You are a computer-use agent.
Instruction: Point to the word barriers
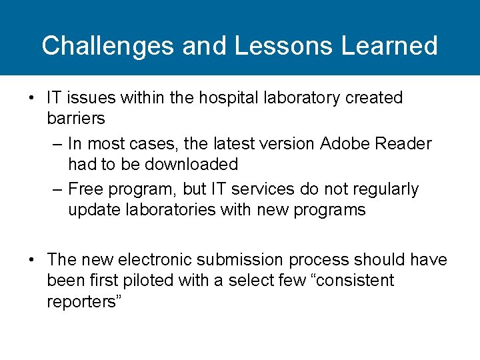click(76, 119)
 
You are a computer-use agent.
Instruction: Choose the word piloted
click(147, 280)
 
